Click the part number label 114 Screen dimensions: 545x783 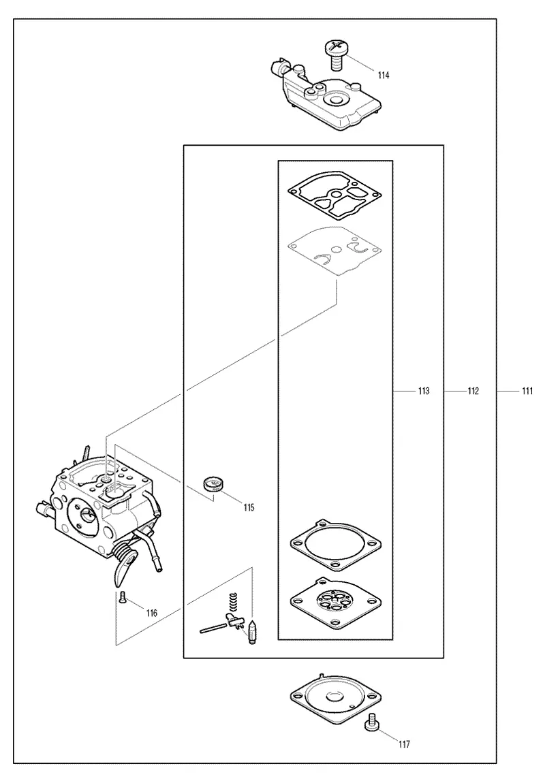coord(384,76)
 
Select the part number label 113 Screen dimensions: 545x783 coord(424,391)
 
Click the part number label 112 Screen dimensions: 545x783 coord(473,391)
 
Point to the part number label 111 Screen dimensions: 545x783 coord(527,391)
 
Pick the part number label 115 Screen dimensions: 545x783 coord(249,507)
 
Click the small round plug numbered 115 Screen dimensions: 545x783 coord(214,484)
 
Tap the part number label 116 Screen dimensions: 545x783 coord(151,613)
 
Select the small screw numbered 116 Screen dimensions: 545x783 coord(123,597)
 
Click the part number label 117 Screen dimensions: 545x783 coord(404,745)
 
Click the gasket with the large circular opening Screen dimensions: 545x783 coord(336,545)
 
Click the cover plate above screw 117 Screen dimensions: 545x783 coord(336,697)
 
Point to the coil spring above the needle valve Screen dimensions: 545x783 coord(232,603)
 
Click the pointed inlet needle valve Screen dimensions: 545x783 coord(252,633)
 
